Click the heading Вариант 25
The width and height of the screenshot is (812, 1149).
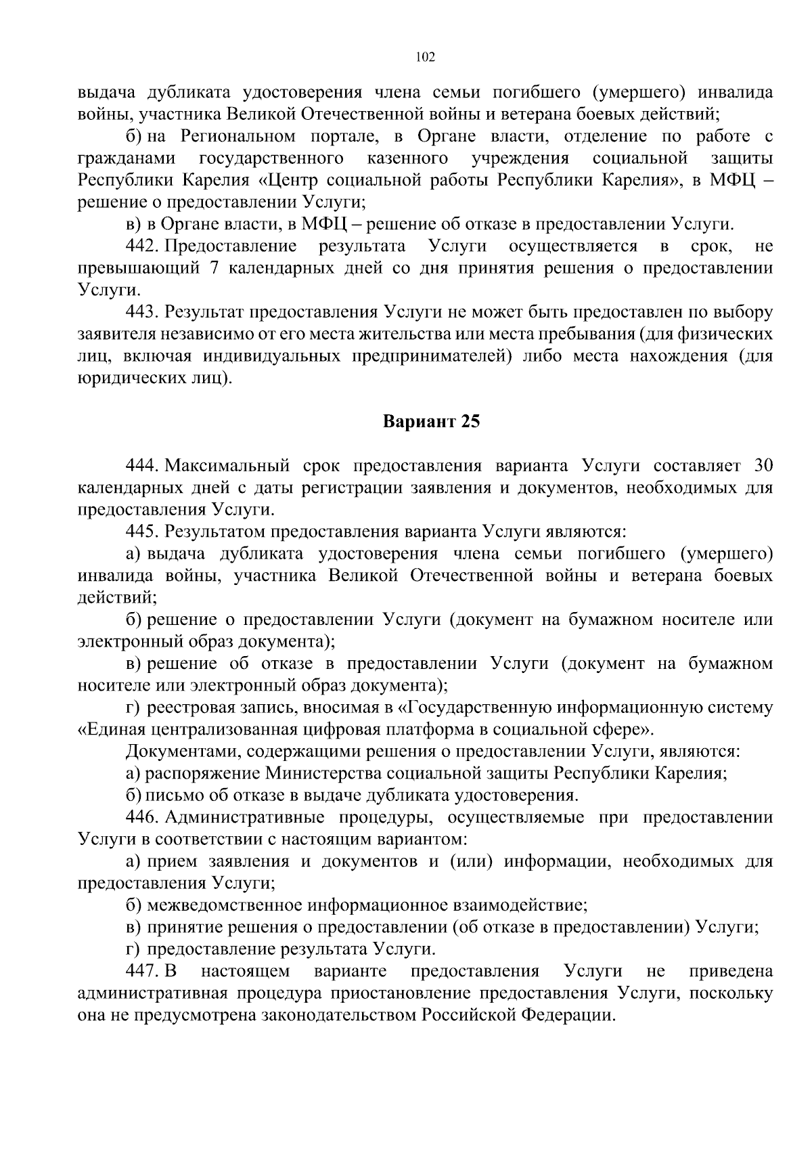click(x=431, y=422)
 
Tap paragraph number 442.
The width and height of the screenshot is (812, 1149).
click(x=141, y=246)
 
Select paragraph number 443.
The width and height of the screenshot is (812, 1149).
click(x=141, y=312)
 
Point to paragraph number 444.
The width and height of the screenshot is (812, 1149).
click(x=141, y=466)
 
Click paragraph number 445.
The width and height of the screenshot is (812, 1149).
click(x=141, y=532)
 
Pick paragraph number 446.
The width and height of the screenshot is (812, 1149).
click(x=141, y=817)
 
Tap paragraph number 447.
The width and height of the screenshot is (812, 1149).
click(x=141, y=972)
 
